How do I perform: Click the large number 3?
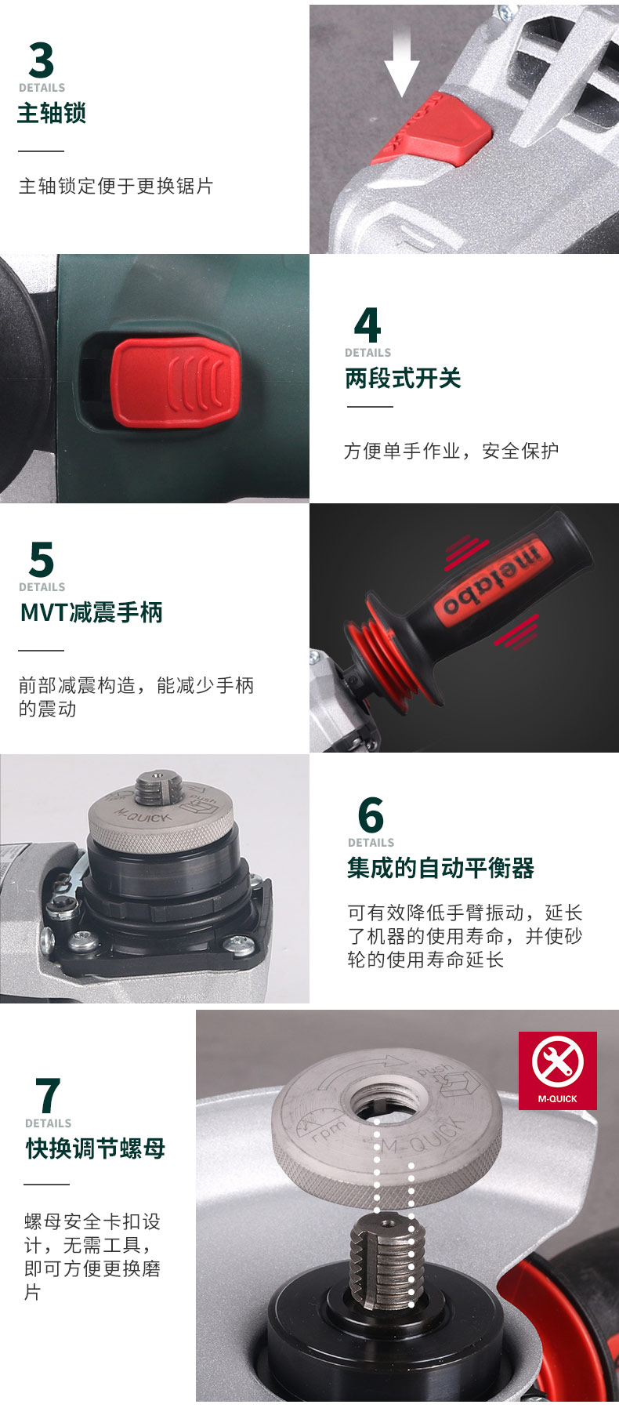(x=41, y=60)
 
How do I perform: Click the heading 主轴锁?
(x=52, y=113)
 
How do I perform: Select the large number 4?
(x=367, y=325)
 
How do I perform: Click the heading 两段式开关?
(x=403, y=378)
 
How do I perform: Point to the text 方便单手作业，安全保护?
(x=451, y=451)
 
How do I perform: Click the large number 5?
(x=41, y=560)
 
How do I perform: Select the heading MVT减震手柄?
(x=92, y=611)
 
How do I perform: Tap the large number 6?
(x=371, y=815)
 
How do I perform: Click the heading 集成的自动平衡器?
(x=440, y=868)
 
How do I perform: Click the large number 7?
(x=48, y=1095)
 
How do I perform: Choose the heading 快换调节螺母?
(x=96, y=1149)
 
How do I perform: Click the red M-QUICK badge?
(x=557, y=1070)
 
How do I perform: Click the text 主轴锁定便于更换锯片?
(x=116, y=186)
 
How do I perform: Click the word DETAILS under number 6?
(x=371, y=843)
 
